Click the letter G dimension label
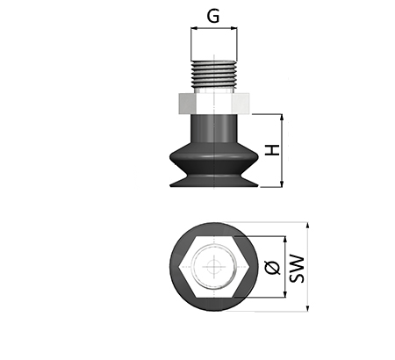tap(213, 16)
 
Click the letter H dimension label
tap(272, 150)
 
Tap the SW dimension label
tap(297, 269)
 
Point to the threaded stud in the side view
tap(214, 75)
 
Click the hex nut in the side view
tap(214, 103)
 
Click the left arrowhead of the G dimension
tap(194, 28)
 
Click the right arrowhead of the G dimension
tap(233, 28)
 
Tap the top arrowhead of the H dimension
tap(282, 118)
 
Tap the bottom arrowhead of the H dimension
tap(282, 184)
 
